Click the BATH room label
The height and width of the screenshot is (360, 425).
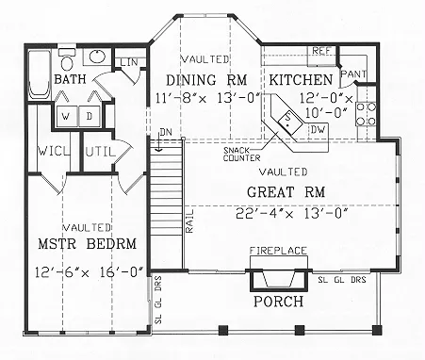point(70,79)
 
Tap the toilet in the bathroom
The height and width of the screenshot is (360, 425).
point(67,59)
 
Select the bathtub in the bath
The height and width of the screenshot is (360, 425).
point(39,74)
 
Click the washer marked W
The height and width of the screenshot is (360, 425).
point(66,117)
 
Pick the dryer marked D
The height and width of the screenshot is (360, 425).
point(90,117)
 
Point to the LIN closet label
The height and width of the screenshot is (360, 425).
point(129,62)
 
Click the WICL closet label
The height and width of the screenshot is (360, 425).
point(54,152)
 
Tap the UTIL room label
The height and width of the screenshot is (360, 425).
point(100,153)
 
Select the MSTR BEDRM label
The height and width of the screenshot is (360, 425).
point(88,244)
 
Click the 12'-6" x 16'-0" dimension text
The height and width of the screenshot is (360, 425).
point(89,271)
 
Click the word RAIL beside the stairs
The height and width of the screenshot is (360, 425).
point(189,221)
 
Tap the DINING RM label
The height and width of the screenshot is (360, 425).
point(206,80)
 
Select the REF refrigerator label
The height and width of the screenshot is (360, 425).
point(321,51)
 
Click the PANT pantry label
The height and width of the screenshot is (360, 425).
point(353,74)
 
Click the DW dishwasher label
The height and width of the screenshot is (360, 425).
point(319,129)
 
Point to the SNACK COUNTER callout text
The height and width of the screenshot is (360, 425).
point(242,155)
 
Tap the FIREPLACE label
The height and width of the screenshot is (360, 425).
point(278,251)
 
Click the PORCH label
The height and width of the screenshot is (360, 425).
point(279,302)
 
